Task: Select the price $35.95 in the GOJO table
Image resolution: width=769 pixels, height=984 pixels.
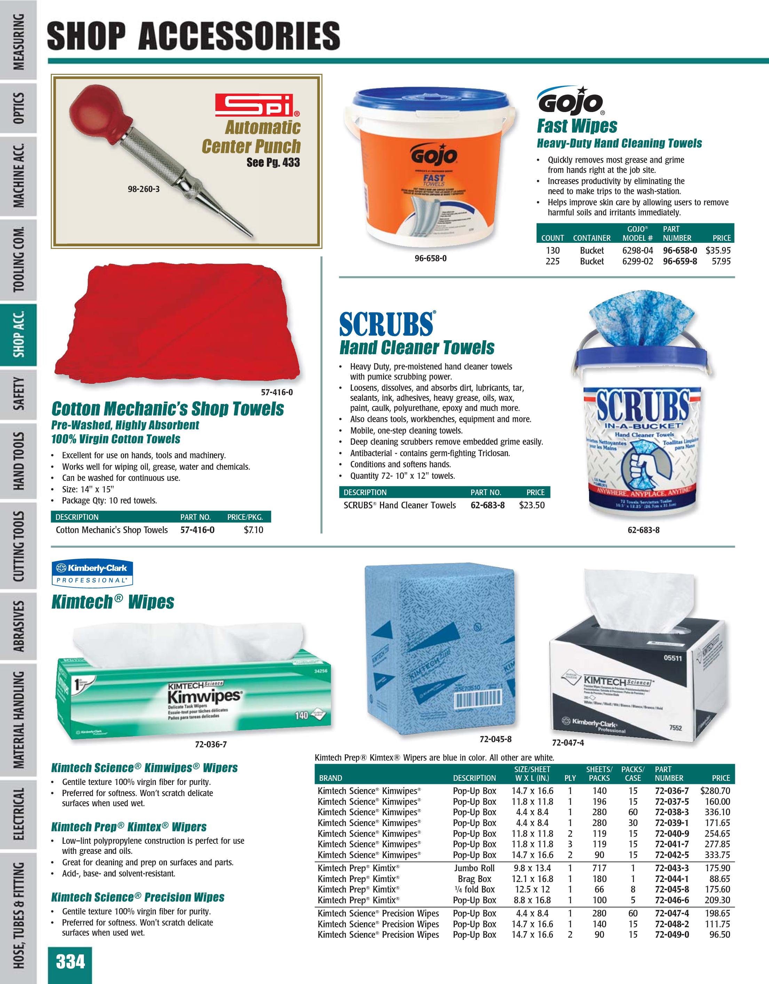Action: coord(718,251)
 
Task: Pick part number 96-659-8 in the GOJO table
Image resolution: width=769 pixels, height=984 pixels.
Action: coord(680,261)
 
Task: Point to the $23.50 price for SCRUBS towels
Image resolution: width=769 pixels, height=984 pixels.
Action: coord(532,506)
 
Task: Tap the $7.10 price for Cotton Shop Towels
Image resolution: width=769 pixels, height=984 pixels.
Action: coord(253,530)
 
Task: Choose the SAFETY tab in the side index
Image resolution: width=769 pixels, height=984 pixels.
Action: coord(18,394)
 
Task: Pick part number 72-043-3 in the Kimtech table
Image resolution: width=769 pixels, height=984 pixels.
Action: coord(672,868)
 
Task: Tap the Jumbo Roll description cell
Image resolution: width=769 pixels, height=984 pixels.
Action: coord(474,868)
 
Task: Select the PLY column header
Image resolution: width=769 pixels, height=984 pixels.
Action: coord(570,778)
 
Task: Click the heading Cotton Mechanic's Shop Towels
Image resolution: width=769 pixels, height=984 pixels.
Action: coord(168,408)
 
